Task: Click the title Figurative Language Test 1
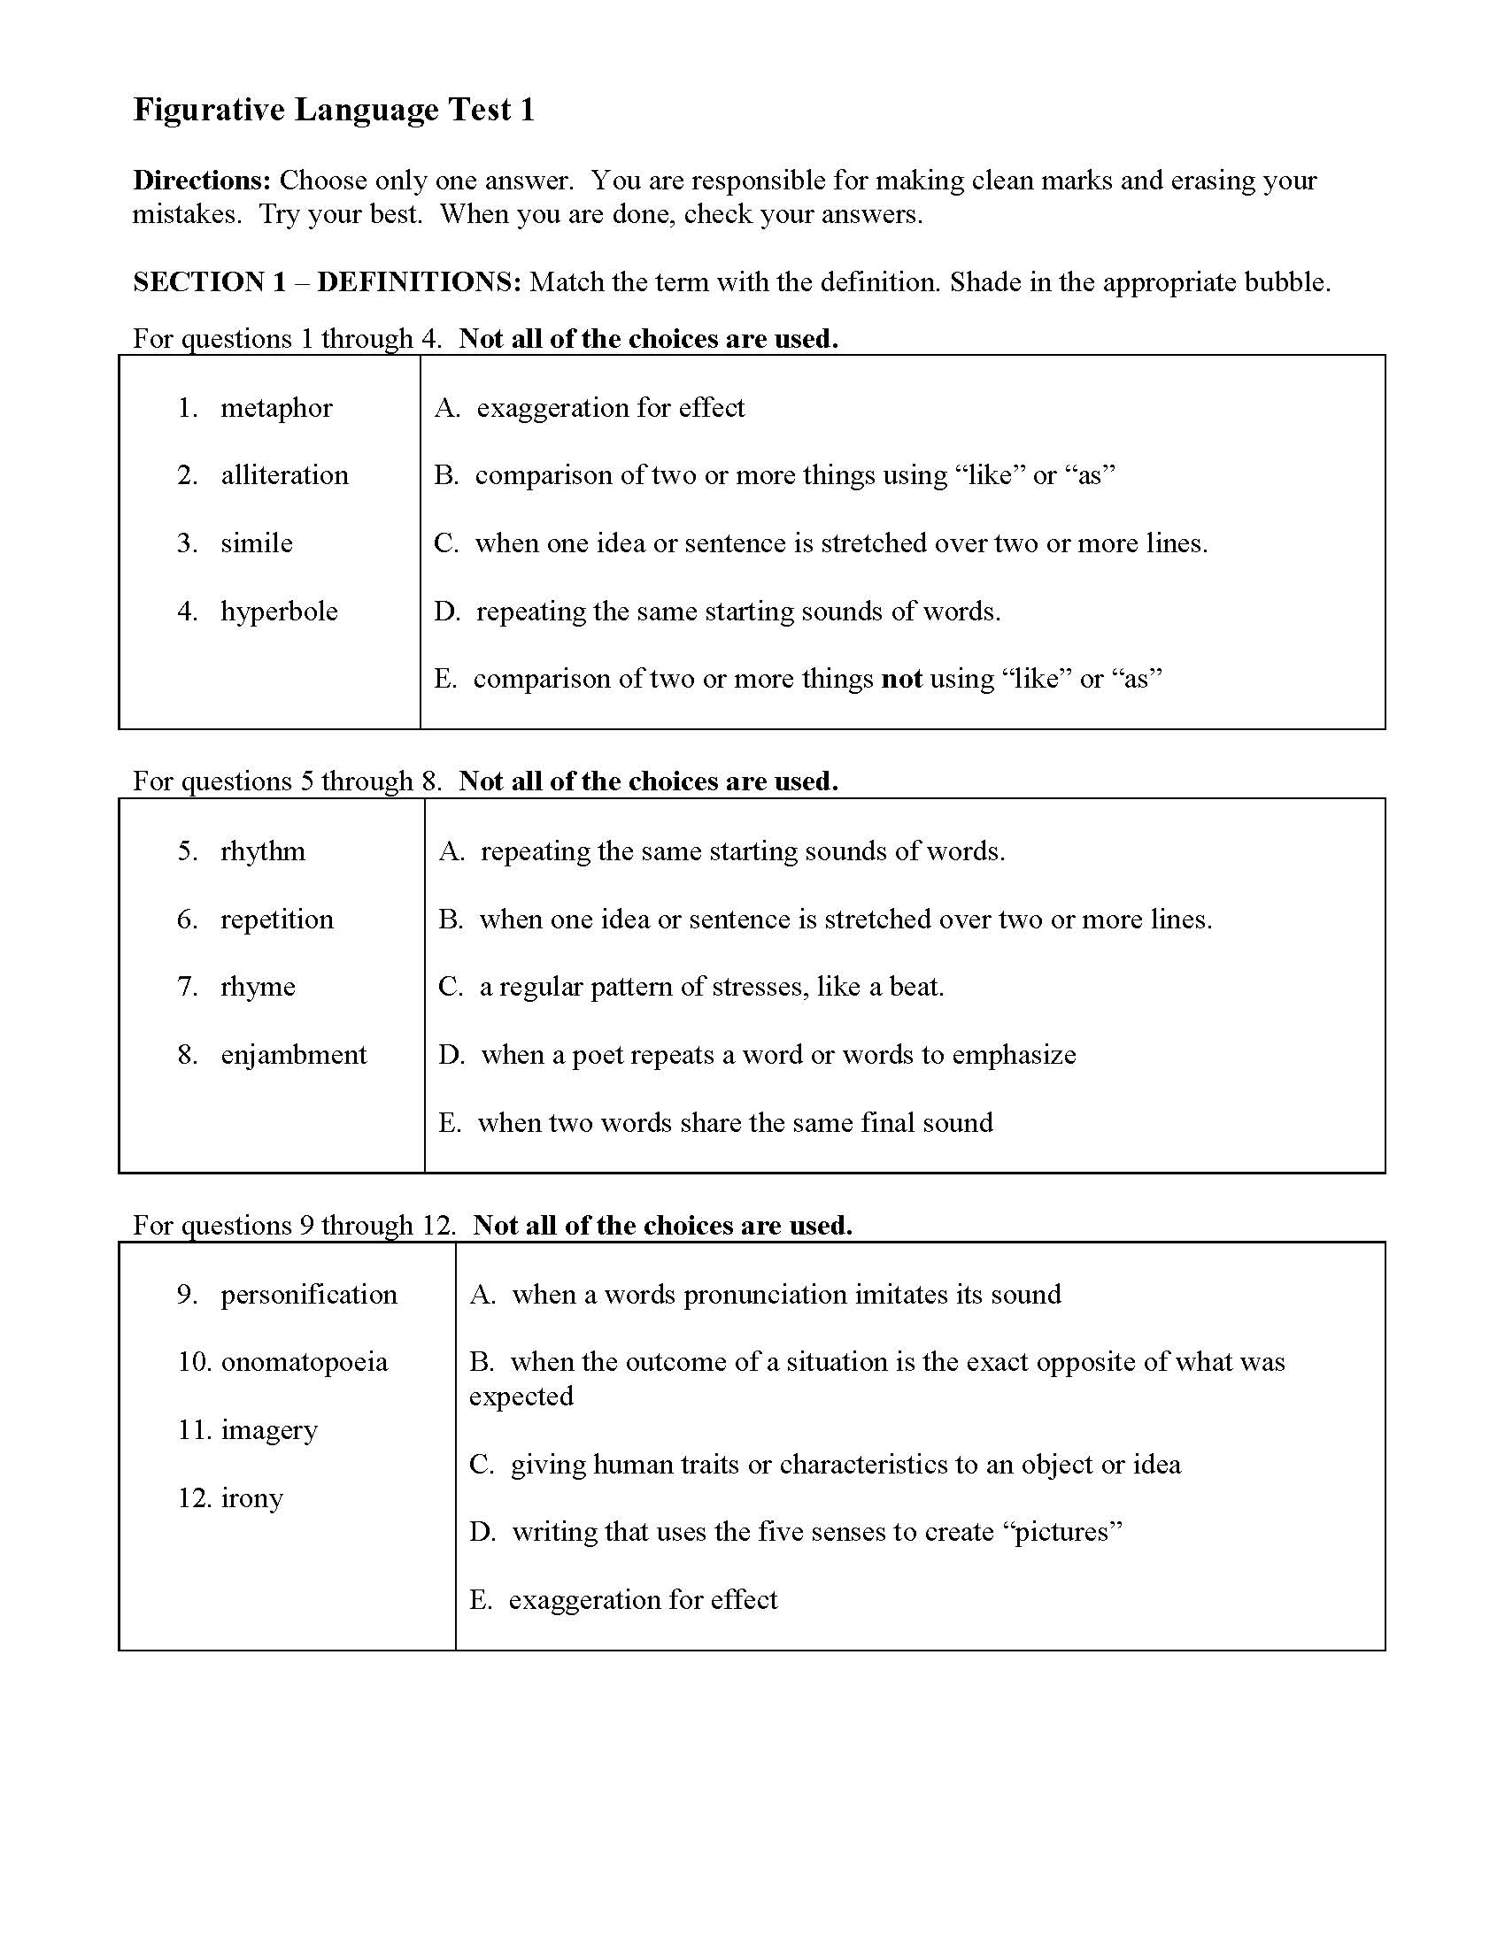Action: point(334,110)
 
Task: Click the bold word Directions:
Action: point(202,180)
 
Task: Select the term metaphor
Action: point(276,407)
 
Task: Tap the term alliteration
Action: point(284,475)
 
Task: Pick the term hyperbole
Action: point(279,612)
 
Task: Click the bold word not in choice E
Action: point(900,680)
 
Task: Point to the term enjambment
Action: point(293,1055)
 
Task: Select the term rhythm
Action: point(263,851)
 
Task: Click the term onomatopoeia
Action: point(304,1362)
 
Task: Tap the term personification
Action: point(308,1295)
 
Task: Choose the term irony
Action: point(251,1497)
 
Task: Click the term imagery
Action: point(268,1430)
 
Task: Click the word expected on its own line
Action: point(521,1396)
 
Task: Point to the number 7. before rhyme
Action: point(187,987)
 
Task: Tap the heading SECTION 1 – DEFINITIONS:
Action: point(327,282)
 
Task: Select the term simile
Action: point(257,543)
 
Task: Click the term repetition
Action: point(276,920)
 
